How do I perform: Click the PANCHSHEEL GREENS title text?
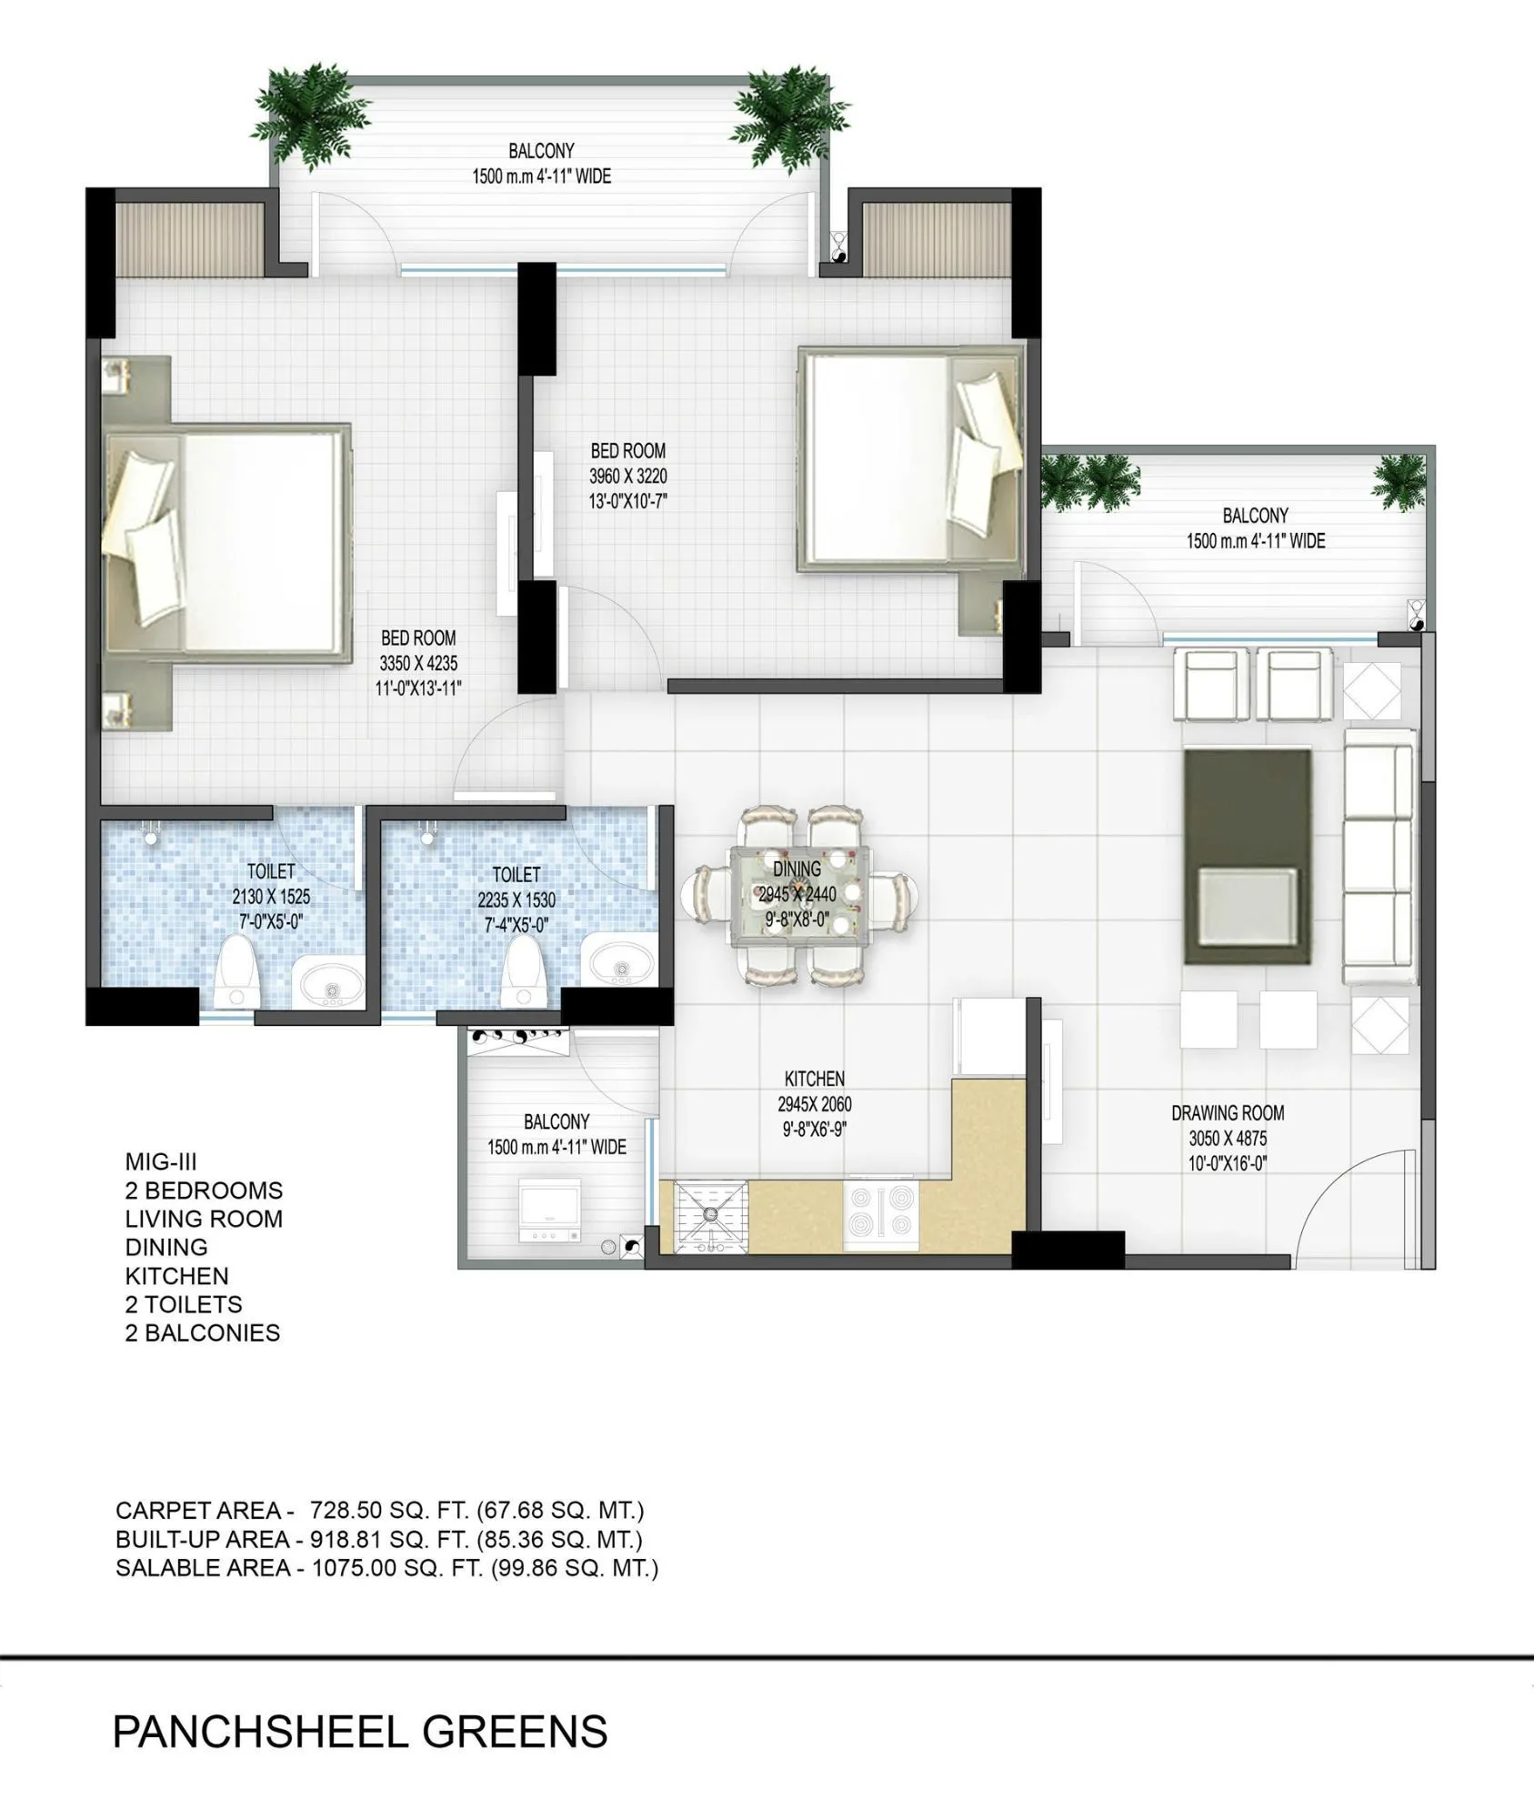359,1732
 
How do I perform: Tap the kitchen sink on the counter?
710,1217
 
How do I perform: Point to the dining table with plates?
800,896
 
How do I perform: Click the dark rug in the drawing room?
1248,857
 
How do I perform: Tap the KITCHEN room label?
814,1079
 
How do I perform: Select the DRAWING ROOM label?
1227,1112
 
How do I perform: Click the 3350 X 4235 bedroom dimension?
418,663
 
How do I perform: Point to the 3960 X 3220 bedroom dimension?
627,476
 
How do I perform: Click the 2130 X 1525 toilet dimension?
271,897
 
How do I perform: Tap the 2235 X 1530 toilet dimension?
516,900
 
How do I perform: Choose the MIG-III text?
161,1162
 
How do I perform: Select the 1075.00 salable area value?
349,1567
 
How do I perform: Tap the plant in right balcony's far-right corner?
1399,481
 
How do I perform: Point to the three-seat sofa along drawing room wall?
1379,855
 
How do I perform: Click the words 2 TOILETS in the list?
184,1304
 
